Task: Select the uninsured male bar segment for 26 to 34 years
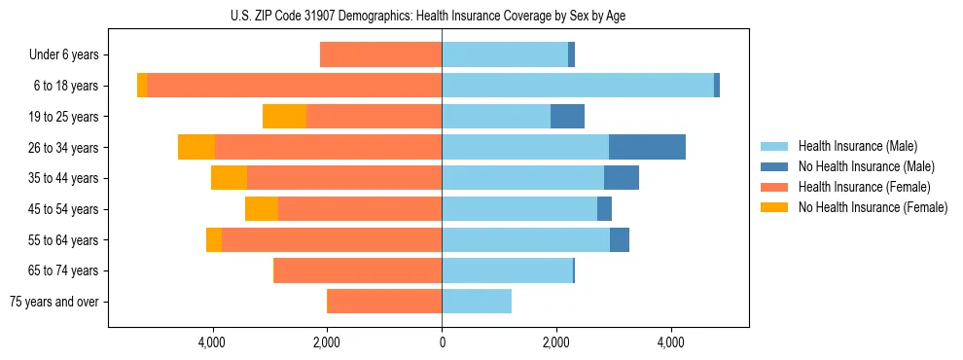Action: point(647,147)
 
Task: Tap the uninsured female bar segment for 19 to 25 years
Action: point(284,117)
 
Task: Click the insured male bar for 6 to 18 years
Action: point(578,86)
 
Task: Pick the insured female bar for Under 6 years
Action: point(380,54)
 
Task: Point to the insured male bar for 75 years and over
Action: point(477,302)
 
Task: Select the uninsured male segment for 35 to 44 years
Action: point(622,178)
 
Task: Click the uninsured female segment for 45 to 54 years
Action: point(262,209)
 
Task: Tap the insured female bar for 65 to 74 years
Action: point(358,270)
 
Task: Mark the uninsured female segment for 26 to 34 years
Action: point(196,147)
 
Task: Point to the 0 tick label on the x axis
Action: point(442,342)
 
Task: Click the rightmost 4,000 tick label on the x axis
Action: point(671,342)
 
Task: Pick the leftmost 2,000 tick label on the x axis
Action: point(327,342)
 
